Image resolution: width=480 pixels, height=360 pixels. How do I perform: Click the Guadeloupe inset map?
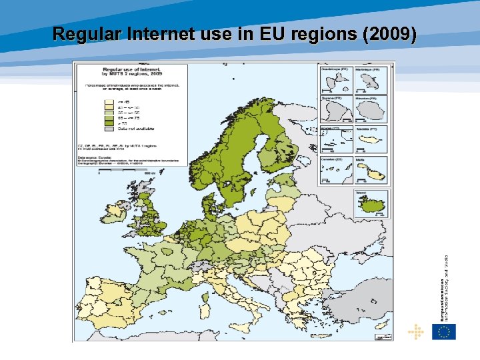point(336,81)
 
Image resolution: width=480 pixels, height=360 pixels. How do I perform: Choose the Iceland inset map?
point(371,203)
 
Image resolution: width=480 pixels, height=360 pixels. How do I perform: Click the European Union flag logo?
point(443,331)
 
